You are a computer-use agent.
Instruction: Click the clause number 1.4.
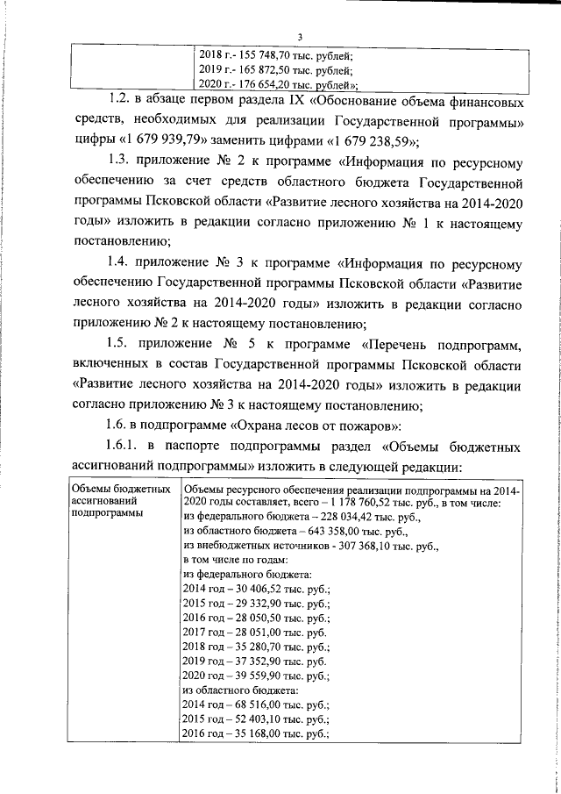pyautogui.click(x=121, y=263)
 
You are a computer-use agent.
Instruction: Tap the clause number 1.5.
pyautogui.click(x=121, y=345)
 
